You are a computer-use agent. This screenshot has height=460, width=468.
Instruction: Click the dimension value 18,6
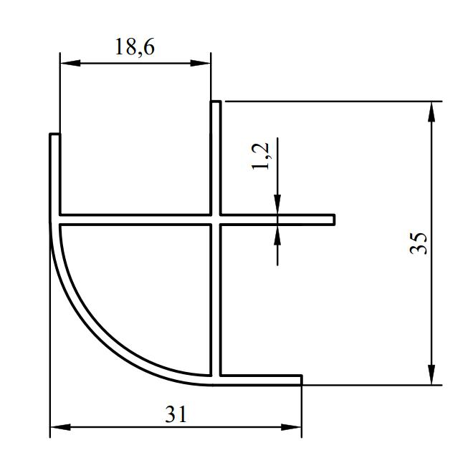(135, 47)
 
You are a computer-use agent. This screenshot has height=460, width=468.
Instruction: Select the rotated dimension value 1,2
(261, 155)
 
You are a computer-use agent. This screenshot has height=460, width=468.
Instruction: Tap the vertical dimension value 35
(419, 243)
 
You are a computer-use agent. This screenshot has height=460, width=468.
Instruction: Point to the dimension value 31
(176, 414)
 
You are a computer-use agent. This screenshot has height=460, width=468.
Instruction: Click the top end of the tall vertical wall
(215, 103)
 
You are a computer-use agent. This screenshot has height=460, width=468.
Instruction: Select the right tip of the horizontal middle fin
(333, 219)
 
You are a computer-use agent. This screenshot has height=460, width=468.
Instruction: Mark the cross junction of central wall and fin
(215, 219)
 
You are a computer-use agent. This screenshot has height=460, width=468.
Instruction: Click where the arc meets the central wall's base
(213, 379)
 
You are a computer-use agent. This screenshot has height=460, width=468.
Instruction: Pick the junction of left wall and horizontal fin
(55, 219)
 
